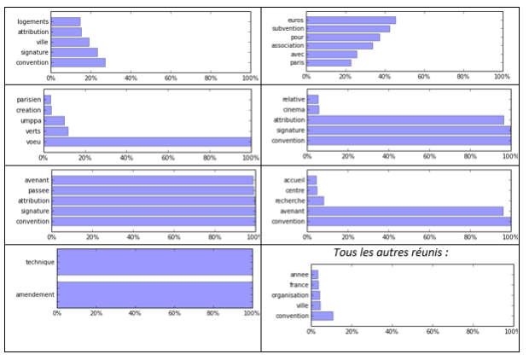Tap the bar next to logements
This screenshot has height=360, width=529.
66,21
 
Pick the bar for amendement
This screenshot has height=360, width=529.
154,293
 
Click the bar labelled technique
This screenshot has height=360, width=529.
154,263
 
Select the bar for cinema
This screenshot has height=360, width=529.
313,110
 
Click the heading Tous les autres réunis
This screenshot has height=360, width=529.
391,253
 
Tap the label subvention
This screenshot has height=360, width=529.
287,29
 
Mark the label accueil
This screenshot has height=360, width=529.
294,180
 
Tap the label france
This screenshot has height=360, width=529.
299,285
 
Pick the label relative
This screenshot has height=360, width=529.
293,99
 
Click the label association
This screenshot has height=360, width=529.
286,45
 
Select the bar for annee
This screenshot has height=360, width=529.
315,274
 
